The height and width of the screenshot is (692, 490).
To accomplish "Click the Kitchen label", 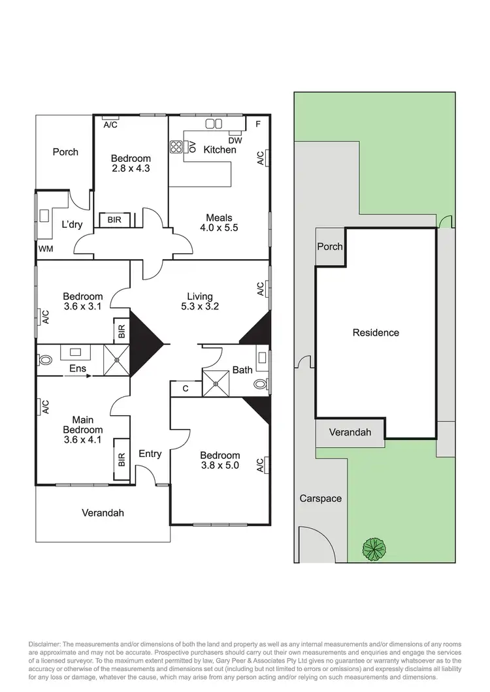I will point(220,149).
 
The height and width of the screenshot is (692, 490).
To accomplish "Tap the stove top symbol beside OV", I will point(176,147).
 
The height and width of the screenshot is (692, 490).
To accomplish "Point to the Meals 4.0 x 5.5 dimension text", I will point(219,223).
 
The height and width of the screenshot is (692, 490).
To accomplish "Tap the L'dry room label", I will point(71,224).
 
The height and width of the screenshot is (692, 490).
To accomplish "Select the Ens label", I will point(78,369).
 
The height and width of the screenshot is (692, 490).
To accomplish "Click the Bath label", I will point(242,370).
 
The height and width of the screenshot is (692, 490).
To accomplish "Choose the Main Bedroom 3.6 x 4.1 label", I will point(82,424).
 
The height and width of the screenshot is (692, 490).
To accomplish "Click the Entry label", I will point(150,454).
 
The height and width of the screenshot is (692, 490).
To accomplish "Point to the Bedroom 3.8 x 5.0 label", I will point(220,460).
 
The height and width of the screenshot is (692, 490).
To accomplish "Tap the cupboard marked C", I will point(186,388).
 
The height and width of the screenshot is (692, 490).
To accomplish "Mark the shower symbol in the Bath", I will point(214,383).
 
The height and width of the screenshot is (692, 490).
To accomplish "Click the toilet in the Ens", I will point(45,360).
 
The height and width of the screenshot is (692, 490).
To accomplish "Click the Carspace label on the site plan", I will point(320,498).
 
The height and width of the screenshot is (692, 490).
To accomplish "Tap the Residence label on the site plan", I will point(376,332).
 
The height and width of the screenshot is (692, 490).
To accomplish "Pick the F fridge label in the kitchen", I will point(258,124).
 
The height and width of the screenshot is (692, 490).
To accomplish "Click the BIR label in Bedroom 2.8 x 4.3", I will point(114,221).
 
